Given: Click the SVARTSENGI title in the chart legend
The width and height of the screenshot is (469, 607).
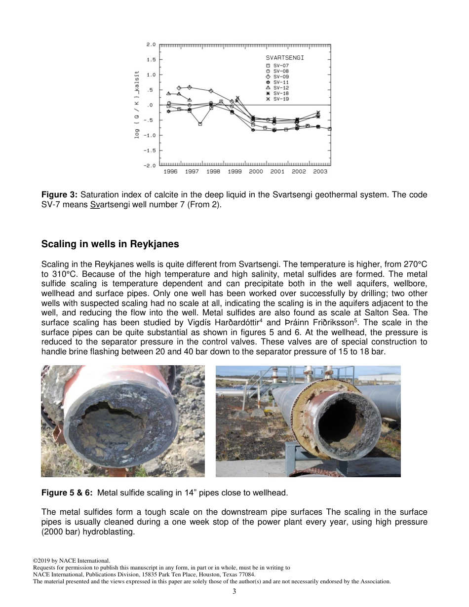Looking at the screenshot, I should [285, 58].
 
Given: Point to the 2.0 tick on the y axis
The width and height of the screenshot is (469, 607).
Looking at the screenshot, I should [151, 44].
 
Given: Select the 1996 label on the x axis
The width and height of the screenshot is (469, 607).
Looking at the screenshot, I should [170, 172].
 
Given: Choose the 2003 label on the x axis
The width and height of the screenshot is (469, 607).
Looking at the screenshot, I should [320, 172].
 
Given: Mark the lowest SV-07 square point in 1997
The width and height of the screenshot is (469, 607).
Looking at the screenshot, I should [200, 124].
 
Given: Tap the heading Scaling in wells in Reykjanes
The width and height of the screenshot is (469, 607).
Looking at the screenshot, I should [110, 244].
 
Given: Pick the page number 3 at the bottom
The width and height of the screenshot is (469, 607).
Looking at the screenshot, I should [234, 591].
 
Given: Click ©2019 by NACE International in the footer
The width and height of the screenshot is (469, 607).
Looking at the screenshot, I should [72, 561].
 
